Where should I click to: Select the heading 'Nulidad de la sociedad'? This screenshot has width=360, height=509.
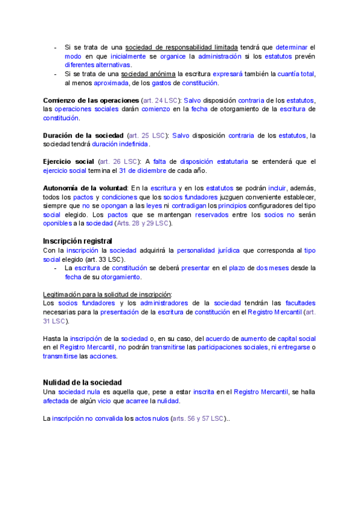click(82, 382)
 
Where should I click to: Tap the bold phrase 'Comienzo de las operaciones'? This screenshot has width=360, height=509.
click(91, 100)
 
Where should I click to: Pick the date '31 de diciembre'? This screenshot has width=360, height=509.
click(143, 170)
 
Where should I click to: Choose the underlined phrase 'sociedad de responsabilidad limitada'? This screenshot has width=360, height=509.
click(181, 47)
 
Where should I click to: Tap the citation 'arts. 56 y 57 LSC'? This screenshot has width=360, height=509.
click(197, 418)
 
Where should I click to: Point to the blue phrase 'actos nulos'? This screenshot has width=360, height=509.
click(151, 418)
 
